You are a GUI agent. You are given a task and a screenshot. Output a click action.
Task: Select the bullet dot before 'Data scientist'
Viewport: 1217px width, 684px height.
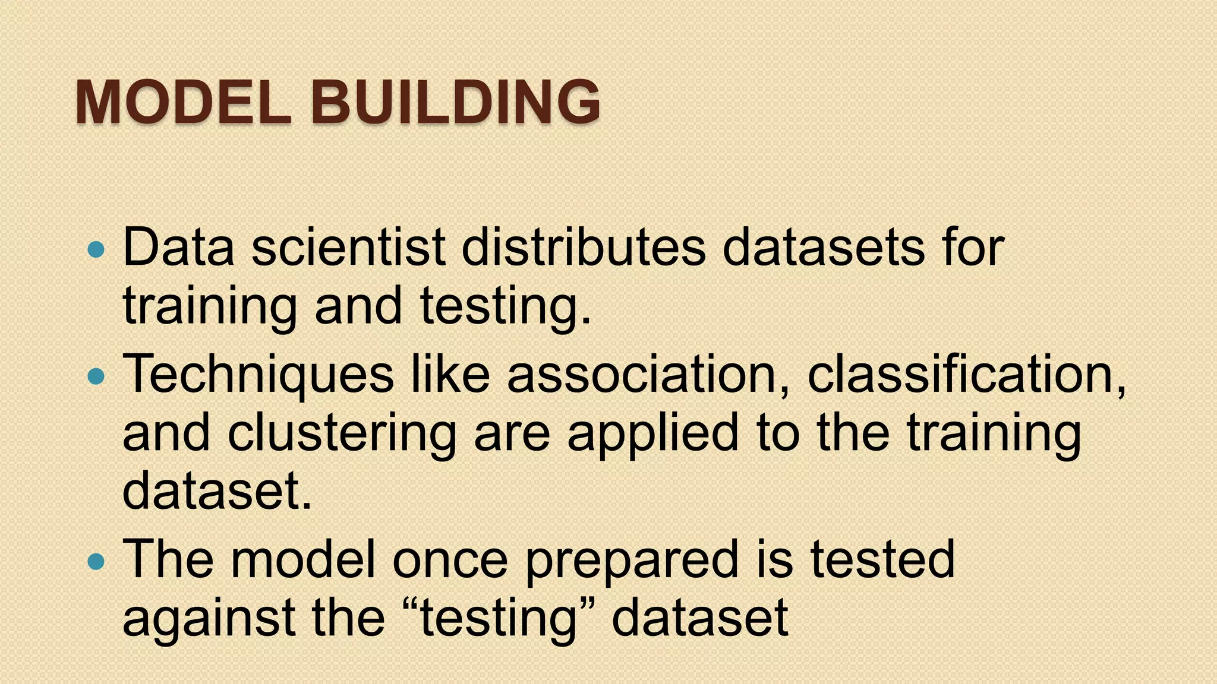click(x=95, y=250)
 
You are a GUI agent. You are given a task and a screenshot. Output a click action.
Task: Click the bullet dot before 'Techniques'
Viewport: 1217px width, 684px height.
click(x=95, y=376)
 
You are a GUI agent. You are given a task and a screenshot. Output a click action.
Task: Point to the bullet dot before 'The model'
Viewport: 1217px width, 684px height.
click(x=95, y=561)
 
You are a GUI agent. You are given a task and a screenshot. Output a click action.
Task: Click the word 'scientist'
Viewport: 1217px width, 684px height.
click(x=348, y=247)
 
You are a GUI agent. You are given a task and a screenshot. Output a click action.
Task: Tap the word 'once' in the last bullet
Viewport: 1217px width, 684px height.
click(x=450, y=560)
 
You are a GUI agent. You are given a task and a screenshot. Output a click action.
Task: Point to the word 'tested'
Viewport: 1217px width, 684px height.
click(x=882, y=559)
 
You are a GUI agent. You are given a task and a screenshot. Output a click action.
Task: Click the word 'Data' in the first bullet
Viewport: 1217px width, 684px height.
click(x=179, y=247)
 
